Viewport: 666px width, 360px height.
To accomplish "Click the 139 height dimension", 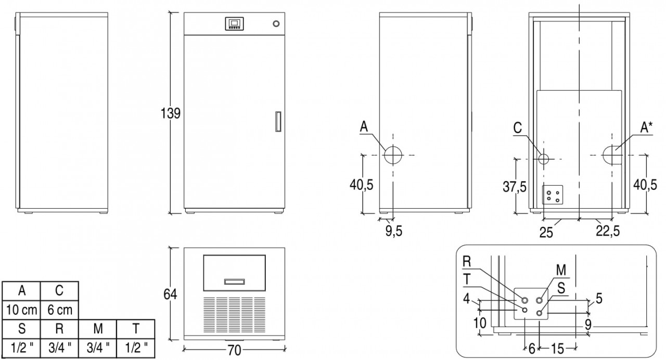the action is (x=170, y=113).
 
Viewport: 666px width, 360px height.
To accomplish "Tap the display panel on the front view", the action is (x=234, y=24).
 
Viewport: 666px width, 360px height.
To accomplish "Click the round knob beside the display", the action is (x=276, y=23).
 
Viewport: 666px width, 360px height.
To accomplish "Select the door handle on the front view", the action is (x=278, y=122).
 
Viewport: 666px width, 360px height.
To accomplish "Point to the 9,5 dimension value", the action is (x=394, y=231).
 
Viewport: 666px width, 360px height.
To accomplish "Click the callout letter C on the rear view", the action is (x=518, y=128).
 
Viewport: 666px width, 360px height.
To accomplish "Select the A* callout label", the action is (x=646, y=128).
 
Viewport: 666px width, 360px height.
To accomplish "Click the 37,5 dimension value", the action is (x=515, y=187).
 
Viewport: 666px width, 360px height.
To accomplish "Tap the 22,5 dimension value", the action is (x=608, y=230).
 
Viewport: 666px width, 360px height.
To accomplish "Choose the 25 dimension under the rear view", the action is (x=546, y=233).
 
